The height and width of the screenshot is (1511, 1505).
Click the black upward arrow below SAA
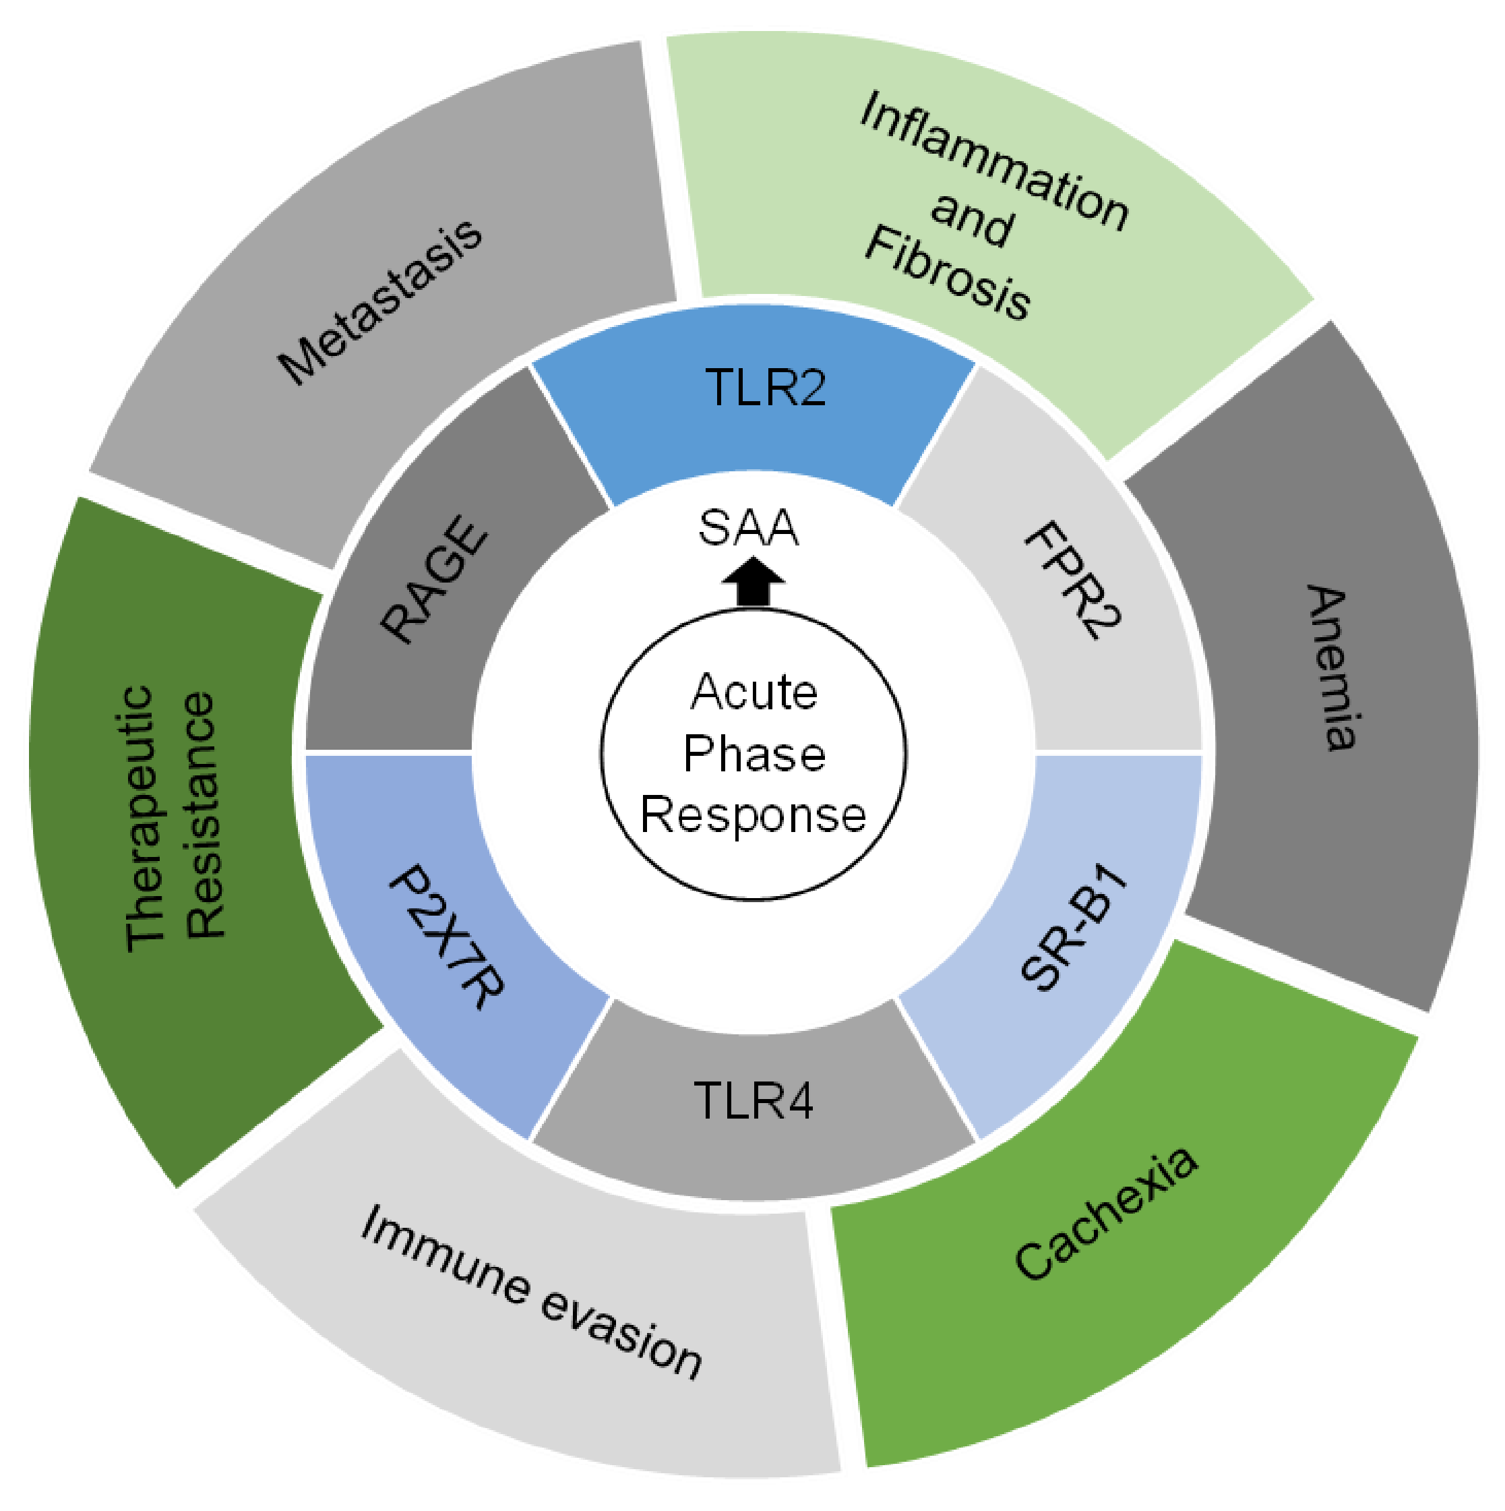(x=752, y=582)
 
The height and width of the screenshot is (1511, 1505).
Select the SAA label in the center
(x=748, y=528)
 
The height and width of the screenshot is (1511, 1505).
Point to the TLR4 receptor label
(x=753, y=1100)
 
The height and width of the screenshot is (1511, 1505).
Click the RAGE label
(x=435, y=579)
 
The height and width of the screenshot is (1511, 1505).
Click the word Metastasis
(x=381, y=301)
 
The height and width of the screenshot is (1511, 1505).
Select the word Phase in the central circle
(x=754, y=754)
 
